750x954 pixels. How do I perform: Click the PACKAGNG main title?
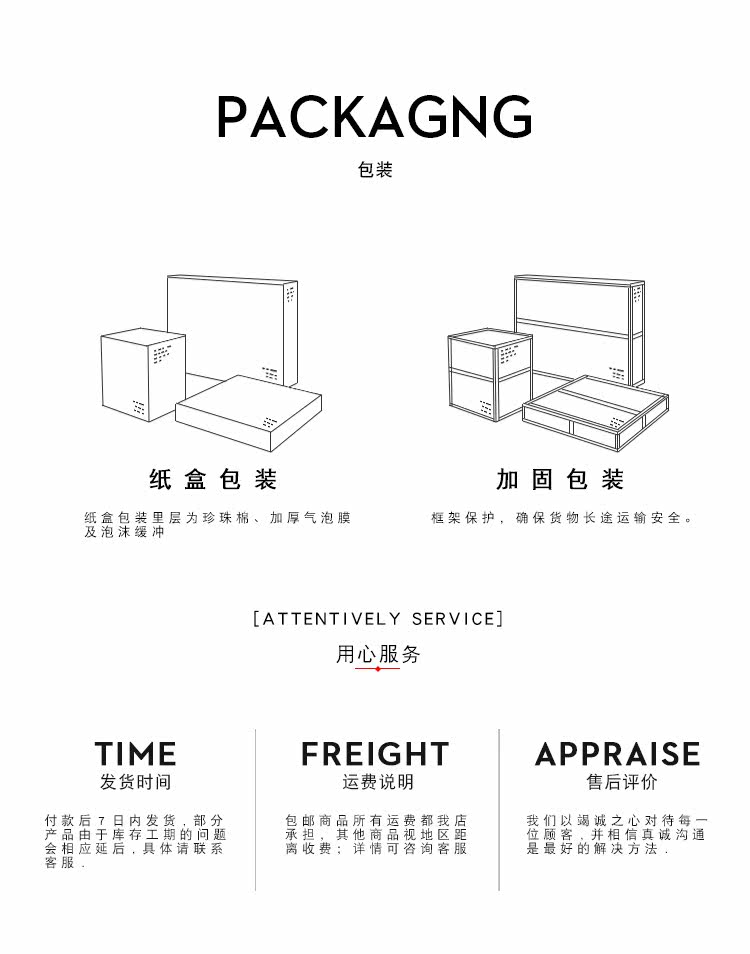[374, 117]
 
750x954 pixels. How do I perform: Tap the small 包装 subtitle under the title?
[375, 170]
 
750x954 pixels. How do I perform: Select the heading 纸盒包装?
[213, 480]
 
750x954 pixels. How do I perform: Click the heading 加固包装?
[560, 480]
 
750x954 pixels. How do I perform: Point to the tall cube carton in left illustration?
[141, 375]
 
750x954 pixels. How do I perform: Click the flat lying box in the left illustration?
[248, 412]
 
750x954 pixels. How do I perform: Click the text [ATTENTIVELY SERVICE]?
[378, 619]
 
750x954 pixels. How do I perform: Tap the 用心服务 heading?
[378, 654]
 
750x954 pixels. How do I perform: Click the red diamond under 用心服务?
[377, 668]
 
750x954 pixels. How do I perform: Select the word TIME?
[136, 754]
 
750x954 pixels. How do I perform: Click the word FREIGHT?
[376, 754]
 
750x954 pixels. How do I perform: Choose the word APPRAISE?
[617, 754]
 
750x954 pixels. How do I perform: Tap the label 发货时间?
[136, 782]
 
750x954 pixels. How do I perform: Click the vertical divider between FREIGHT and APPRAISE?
[499, 810]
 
